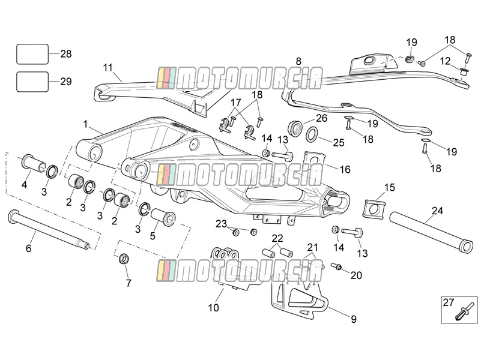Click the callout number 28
(x=65, y=54)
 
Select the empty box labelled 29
(x=32, y=82)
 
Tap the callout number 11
(x=107, y=67)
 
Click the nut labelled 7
(x=124, y=259)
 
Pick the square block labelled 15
(x=374, y=209)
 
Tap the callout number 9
(x=354, y=319)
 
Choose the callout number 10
(x=214, y=307)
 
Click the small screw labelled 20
(x=337, y=266)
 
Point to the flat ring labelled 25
(x=313, y=134)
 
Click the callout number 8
(x=298, y=61)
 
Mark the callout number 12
(x=446, y=61)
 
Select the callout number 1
(x=85, y=124)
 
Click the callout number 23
(x=221, y=224)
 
